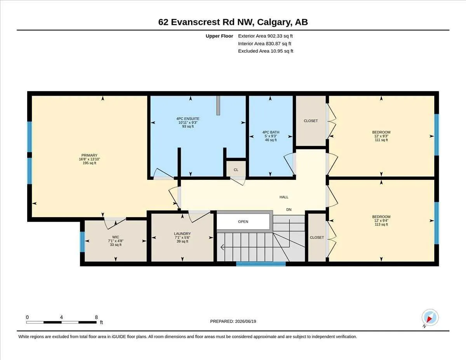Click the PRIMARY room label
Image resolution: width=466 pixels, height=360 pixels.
pyautogui.click(x=89, y=155)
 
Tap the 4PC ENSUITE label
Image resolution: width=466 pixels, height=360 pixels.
pyautogui.click(x=188, y=118)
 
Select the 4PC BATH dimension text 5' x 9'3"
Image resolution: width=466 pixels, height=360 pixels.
pyautogui.click(x=271, y=136)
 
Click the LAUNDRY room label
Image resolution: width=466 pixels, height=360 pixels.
pyautogui.click(x=182, y=233)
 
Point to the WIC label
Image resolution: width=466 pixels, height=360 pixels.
pyautogui.click(x=116, y=237)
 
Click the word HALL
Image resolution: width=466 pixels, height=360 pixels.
pyautogui.click(x=284, y=197)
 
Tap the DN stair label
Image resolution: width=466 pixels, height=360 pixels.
pyautogui.click(x=289, y=209)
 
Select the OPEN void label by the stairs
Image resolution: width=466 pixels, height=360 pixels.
pyautogui.click(x=243, y=221)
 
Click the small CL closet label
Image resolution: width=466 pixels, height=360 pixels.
pyautogui.click(x=236, y=170)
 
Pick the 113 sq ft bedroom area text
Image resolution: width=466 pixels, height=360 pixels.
pyautogui.click(x=381, y=224)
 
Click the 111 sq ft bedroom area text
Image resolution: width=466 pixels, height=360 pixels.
pyautogui.click(x=381, y=140)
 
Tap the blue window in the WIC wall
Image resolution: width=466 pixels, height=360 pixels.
pyautogui.click(x=82, y=242)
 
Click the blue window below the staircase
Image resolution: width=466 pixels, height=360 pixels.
pyautogui.click(x=261, y=264)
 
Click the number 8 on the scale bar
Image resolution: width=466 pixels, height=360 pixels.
pyautogui.click(x=96, y=317)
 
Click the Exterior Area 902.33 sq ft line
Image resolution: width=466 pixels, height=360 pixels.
pyautogui.click(x=265, y=36)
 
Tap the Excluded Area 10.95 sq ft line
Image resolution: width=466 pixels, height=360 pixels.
pyautogui.click(x=266, y=51)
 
